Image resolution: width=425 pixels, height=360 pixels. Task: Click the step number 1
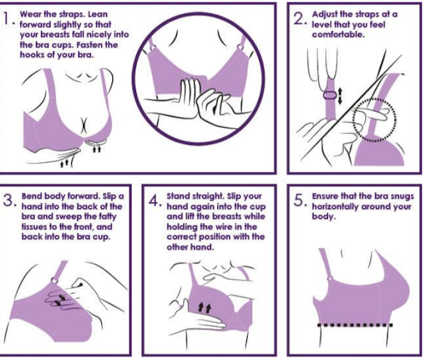click(7, 19)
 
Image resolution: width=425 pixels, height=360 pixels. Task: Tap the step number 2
click(299, 19)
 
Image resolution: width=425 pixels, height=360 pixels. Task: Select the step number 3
click(8, 201)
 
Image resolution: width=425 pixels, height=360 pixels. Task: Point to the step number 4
click(154, 201)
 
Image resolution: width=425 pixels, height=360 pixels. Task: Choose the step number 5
click(299, 201)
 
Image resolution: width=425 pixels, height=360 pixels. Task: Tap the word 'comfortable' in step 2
click(337, 35)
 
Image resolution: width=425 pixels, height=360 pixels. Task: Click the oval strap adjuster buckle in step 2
click(330, 96)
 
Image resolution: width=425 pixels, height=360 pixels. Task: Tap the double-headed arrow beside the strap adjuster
click(340, 96)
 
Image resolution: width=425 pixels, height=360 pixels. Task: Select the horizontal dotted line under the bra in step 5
click(355, 325)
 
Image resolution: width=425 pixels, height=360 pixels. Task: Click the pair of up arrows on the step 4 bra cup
click(205, 308)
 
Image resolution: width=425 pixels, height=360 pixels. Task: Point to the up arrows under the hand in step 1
click(64, 163)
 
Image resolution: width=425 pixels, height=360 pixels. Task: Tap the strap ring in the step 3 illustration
click(54, 280)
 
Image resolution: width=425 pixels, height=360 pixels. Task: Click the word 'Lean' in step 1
click(98, 14)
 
